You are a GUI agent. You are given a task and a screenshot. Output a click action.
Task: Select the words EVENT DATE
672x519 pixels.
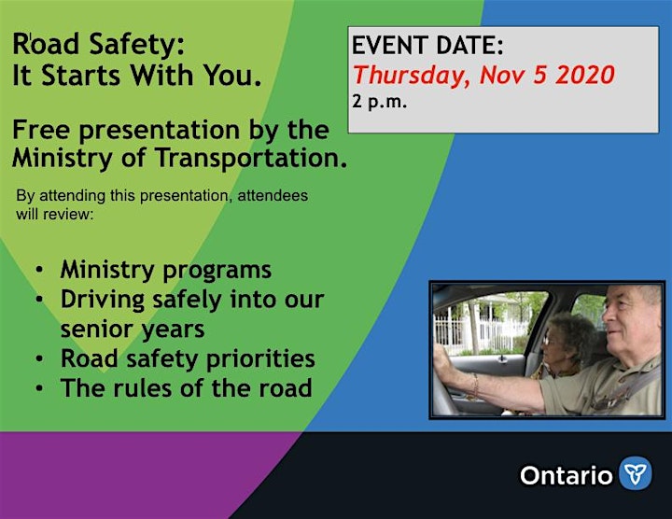click(x=427, y=46)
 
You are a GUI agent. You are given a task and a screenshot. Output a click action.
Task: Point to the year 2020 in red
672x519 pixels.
click(x=585, y=75)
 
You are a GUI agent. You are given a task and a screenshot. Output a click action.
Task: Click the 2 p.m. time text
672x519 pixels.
click(x=379, y=102)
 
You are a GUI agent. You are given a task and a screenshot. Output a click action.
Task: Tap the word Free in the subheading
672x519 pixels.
click(x=41, y=130)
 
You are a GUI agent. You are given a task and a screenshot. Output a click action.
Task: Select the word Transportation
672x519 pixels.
click(x=251, y=158)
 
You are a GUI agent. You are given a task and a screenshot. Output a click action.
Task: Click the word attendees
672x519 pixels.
click(x=273, y=195)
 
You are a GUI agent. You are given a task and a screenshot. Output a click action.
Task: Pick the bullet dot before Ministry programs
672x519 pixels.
click(x=39, y=270)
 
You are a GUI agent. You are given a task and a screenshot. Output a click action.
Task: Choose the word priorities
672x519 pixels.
click(x=260, y=359)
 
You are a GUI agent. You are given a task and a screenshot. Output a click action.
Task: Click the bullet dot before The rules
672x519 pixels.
click(x=39, y=388)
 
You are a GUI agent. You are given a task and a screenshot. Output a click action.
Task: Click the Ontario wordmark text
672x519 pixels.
click(x=567, y=476)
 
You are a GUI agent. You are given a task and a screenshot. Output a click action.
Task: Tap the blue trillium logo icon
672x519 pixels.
click(x=636, y=473)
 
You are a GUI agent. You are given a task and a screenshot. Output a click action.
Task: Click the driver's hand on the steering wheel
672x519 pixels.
click(x=442, y=358)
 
